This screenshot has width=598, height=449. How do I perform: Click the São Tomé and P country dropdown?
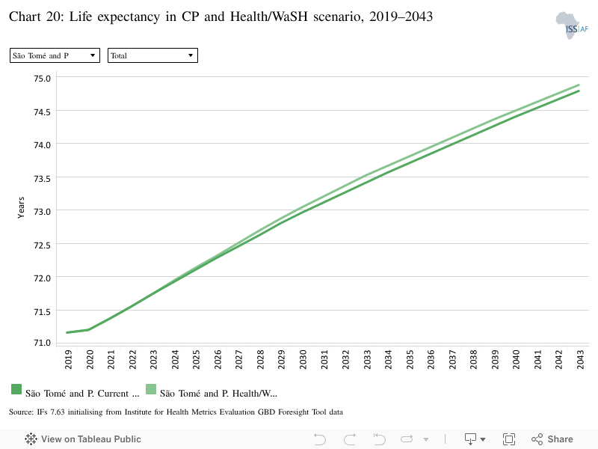tap(55, 55)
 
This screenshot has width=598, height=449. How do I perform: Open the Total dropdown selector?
tap(152, 55)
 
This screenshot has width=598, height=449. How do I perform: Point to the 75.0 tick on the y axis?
tap(42, 79)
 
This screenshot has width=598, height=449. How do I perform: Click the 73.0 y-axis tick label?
tap(42, 212)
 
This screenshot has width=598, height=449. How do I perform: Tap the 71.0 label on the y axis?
tap(42, 343)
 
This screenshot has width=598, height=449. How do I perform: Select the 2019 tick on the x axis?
tap(69, 359)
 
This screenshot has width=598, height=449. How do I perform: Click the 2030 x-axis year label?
tap(303, 359)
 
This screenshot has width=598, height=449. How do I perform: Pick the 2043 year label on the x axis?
tap(581, 359)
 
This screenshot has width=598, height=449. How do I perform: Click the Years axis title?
tap(21, 208)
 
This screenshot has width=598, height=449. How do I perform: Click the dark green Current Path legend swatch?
tap(16, 389)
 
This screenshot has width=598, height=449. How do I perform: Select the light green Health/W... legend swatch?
tap(151, 389)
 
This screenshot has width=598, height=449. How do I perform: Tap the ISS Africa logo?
tap(572, 25)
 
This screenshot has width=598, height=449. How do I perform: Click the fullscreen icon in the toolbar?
tap(509, 439)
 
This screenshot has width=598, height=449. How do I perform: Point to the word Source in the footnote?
tap(20, 412)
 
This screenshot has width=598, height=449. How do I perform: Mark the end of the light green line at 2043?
tap(579, 85)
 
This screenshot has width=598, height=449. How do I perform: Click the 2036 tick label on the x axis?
tap(431, 359)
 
